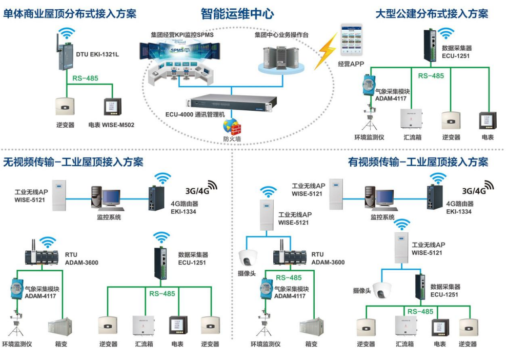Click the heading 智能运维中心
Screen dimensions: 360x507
(237, 14)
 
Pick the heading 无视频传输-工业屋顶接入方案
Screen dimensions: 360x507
(73, 163)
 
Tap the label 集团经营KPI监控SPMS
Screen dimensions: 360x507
(182, 35)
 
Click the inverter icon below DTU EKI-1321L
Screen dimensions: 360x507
(65, 106)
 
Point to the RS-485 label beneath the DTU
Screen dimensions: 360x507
(85, 78)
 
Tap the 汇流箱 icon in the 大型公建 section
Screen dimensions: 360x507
(411, 119)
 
